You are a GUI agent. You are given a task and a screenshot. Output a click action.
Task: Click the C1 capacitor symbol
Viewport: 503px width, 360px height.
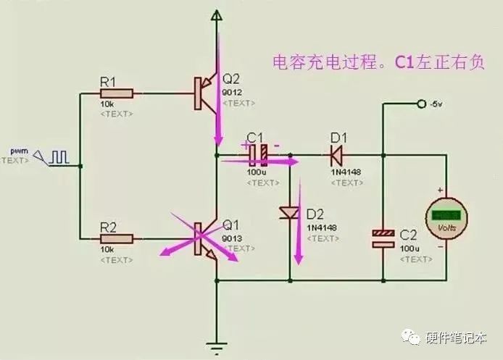(258, 154)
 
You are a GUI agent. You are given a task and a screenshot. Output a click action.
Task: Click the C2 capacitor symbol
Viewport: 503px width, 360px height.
(381, 238)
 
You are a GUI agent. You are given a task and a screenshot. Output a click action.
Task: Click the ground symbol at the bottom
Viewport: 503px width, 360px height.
(215, 347)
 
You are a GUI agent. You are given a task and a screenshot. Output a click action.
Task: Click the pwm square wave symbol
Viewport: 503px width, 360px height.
(60, 155)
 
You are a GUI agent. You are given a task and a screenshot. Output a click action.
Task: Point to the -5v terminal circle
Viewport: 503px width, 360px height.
(421, 105)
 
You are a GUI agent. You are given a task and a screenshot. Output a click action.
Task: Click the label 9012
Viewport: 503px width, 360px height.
(232, 93)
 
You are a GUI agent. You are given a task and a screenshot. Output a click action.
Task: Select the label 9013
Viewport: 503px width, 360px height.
(232, 238)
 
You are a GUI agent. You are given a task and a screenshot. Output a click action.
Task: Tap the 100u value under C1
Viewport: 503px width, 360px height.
(257, 172)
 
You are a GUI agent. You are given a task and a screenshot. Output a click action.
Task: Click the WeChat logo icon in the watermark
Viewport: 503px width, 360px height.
(410, 338)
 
